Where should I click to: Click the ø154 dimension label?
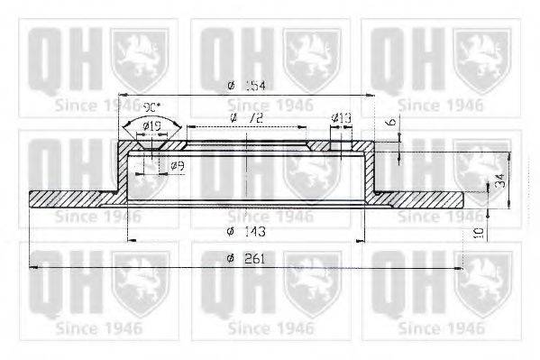tap(247, 85)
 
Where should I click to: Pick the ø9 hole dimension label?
tap(178, 165)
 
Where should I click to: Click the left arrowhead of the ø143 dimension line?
tap(133, 240)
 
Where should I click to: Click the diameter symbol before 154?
tap(231, 85)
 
